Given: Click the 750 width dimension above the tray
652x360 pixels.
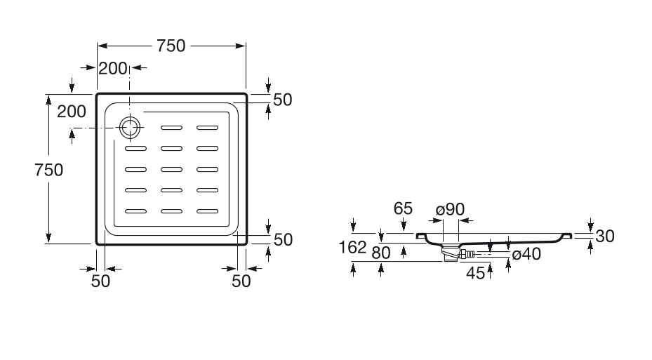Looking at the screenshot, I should (x=171, y=46).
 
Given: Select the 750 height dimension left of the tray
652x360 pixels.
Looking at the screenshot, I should (x=49, y=169).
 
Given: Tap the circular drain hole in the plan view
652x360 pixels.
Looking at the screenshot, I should (x=130, y=128).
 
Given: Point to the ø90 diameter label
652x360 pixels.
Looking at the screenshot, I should (x=450, y=210).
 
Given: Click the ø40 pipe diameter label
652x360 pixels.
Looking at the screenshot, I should (x=526, y=254).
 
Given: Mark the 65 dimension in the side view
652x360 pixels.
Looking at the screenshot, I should (x=403, y=208).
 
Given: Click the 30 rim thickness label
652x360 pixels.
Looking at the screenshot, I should (x=604, y=236).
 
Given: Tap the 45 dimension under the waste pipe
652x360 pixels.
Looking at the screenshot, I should (x=475, y=273).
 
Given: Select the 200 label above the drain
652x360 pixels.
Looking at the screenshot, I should (x=112, y=68).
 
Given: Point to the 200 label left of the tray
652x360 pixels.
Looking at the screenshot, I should (x=72, y=111).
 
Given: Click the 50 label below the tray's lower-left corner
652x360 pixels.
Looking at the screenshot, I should (x=101, y=281).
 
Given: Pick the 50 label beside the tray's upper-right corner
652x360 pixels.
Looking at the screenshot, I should (x=282, y=100).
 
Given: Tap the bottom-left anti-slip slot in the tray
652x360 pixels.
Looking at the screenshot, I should (x=136, y=211).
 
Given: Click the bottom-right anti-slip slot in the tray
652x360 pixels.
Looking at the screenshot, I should (x=208, y=211).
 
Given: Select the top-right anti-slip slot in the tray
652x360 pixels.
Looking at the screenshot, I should (x=208, y=128).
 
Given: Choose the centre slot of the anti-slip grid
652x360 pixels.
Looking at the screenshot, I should (x=172, y=169).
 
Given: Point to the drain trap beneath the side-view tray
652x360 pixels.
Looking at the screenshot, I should (x=449, y=251).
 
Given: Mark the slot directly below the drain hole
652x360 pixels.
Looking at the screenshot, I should (x=136, y=148).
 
